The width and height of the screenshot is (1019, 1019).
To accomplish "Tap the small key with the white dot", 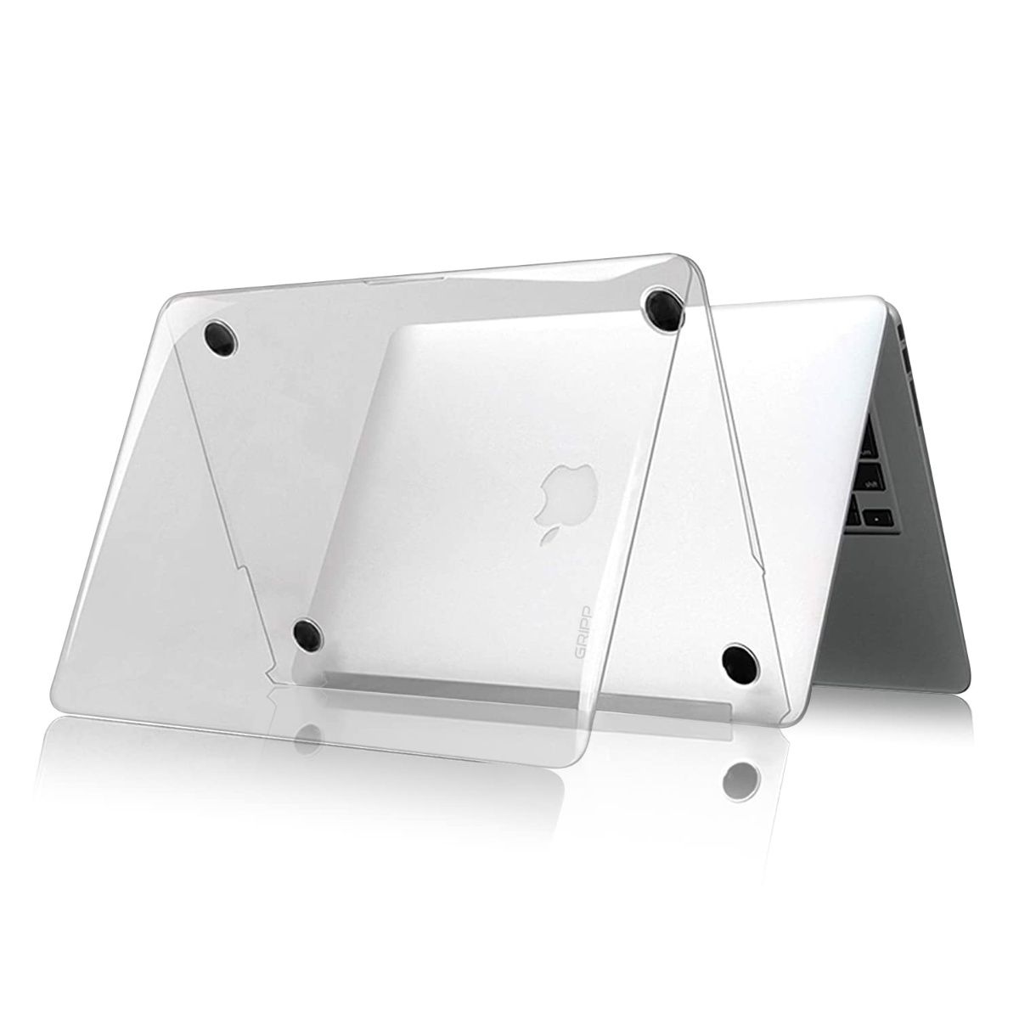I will point(874,516).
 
